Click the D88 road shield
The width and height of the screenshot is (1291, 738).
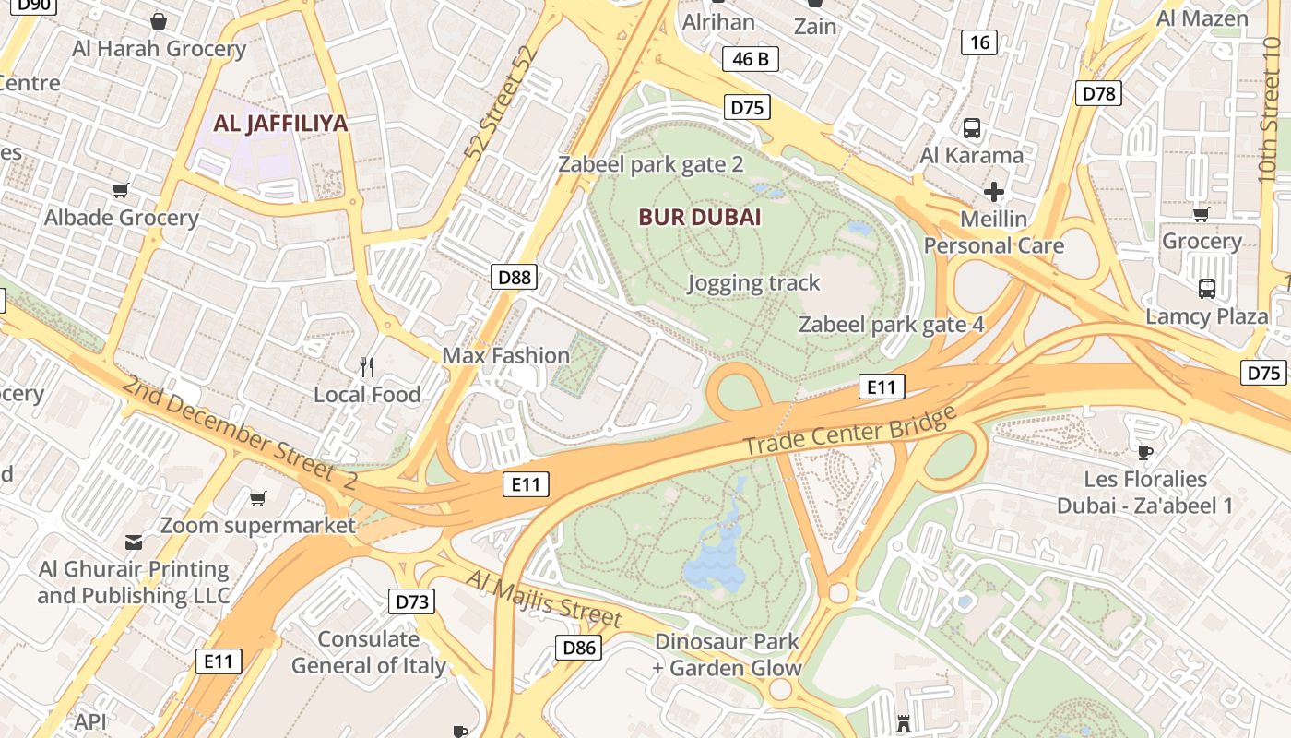[x=514, y=277]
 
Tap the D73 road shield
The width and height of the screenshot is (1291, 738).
[x=412, y=602]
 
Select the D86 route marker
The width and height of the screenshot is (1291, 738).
[x=579, y=648]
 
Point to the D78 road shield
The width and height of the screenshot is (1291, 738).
[x=1098, y=92]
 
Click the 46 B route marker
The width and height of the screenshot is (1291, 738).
[x=750, y=60]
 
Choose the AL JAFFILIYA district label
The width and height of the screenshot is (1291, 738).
[x=280, y=124]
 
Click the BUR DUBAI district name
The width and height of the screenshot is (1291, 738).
[x=701, y=218]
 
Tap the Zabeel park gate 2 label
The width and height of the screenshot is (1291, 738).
[x=650, y=165]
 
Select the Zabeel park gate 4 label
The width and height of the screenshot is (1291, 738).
[x=891, y=325]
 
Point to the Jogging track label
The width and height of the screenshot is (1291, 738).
[x=753, y=283]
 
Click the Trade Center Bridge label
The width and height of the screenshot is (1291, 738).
[x=849, y=430]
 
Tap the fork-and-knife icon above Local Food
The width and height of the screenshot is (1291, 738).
[x=367, y=367]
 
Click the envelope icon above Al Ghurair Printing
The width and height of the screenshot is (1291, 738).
[x=134, y=542]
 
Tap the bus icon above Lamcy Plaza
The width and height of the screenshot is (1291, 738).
[x=1206, y=289]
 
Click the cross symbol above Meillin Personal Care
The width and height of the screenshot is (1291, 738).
[x=993, y=192]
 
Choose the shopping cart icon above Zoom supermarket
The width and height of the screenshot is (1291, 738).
[x=258, y=499]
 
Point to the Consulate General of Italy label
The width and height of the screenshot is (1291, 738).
[x=369, y=652]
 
